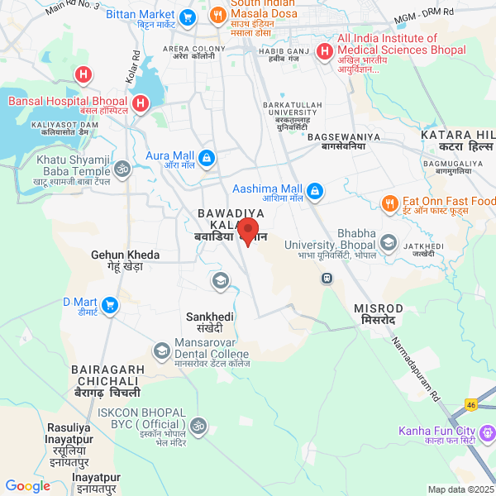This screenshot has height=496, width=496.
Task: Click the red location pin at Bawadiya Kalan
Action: [x=248, y=231]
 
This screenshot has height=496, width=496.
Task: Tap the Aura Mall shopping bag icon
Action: [x=207, y=157]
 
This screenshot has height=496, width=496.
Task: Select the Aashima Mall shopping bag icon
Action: [x=316, y=192]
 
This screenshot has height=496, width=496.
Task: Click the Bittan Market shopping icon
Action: [x=188, y=16]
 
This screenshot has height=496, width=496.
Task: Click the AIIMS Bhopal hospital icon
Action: [x=323, y=51]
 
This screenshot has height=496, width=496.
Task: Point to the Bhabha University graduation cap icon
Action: [x=389, y=242]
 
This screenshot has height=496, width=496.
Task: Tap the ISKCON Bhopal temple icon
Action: [x=197, y=427]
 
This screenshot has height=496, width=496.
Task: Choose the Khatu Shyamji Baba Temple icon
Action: [x=122, y=170]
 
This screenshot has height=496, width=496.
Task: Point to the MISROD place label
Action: [x=380, y=313]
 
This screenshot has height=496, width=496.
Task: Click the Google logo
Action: [x=28, y=486]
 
